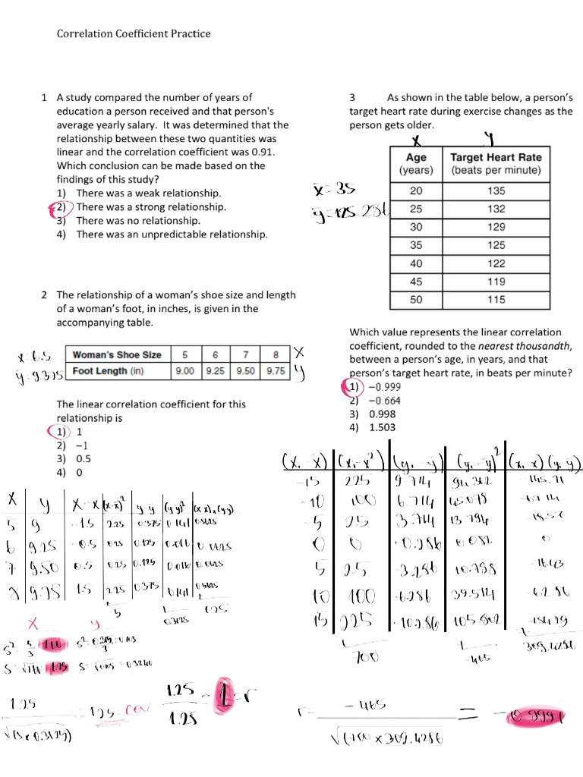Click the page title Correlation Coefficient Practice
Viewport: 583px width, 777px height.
coord(134,33)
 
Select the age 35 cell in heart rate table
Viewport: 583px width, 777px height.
coord(415,245)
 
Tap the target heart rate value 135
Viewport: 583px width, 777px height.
coord(496,190)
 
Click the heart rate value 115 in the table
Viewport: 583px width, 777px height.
coord(496,300)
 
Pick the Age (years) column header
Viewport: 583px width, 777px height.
coord(415,164)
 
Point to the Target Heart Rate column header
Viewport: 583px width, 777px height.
coord(496,164)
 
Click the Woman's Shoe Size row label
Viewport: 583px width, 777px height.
coord(117,354)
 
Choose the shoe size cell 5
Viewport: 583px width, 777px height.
coord(184,354)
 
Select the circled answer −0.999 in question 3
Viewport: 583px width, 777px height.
coord(384,387)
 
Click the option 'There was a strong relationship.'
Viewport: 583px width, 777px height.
coord(150,206)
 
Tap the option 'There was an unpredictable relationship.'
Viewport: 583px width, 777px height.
coord(172,234)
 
